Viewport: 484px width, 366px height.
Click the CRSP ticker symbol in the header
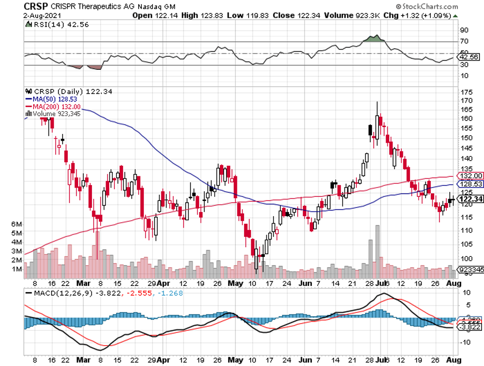(x=35, y=7)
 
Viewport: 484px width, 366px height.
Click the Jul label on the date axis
(x=381, y=284)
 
